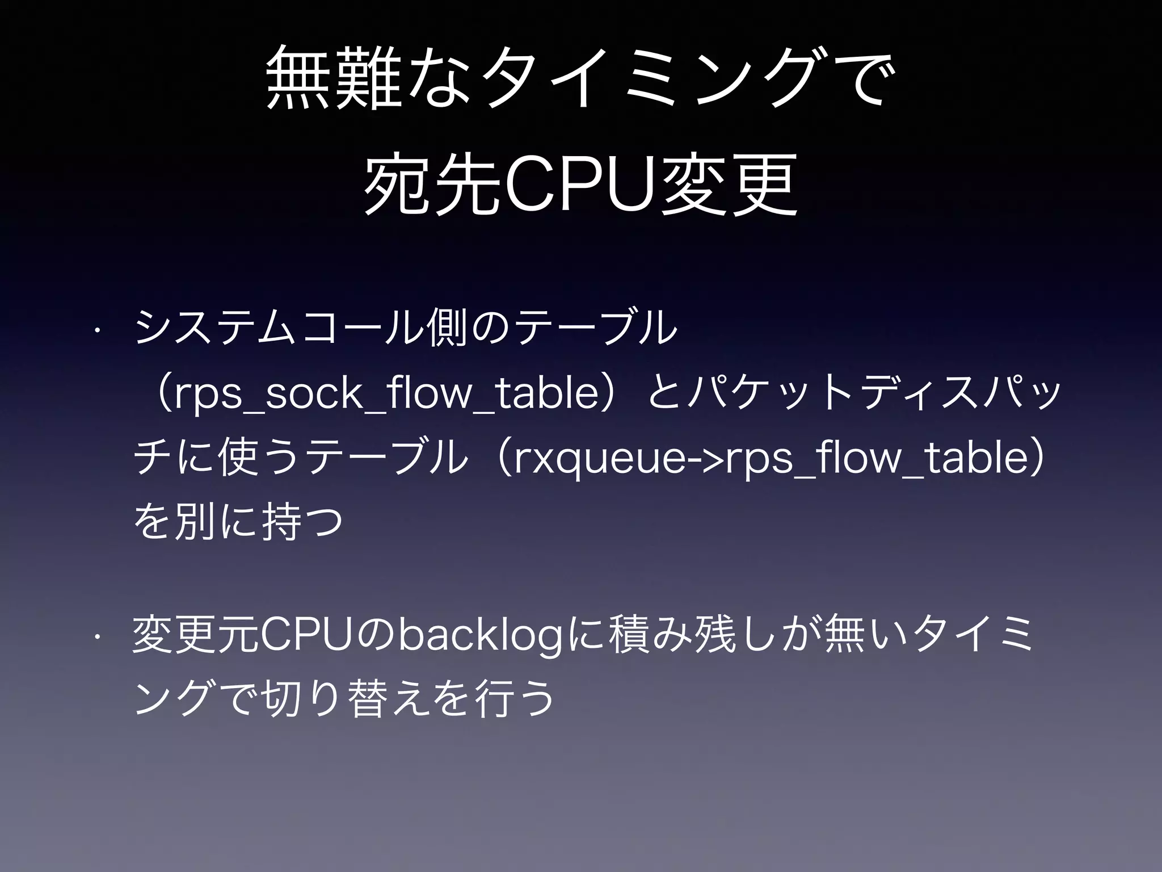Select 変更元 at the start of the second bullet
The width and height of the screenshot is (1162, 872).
point(196,635)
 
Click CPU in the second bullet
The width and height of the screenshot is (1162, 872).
point(309,635)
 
